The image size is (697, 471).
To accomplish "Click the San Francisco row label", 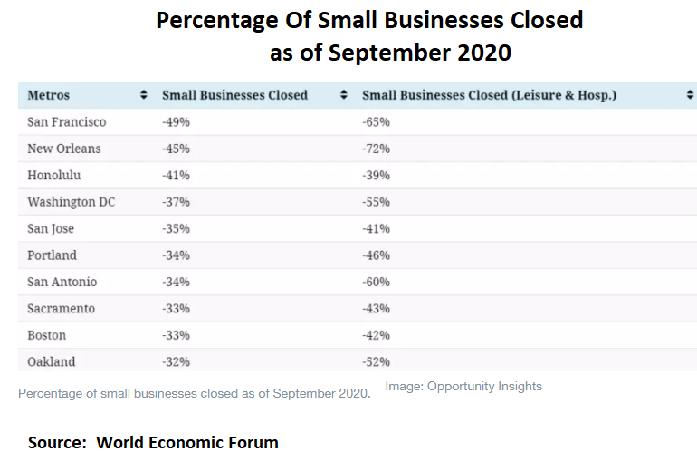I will [x=66, y=122].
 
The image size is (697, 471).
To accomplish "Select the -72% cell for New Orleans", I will [x=376, y=149].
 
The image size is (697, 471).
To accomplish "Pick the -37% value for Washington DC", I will [x=176, y=202].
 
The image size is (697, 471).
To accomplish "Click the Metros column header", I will [x=48, y=95].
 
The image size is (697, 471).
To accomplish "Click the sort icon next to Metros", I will [x=143, y=95].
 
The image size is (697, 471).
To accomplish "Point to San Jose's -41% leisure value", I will [x=376, y=228].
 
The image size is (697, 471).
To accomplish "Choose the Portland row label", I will [x=52, y=255].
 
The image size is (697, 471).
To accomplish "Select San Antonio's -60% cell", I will [x=376, y=282].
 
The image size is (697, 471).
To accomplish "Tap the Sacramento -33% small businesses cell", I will [x=176, y=309].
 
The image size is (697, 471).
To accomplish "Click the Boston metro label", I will [x=46, y=335].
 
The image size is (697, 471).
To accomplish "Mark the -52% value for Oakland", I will [x=376, y=362].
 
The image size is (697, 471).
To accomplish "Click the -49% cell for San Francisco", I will [x=176, y=122].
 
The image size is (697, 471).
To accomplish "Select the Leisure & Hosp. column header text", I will [x=489, y=95].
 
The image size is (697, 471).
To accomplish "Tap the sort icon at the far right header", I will [x=691, y=95].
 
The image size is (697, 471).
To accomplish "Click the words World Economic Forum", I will [x=187, y=443].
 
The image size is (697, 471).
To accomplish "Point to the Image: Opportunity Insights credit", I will [x=463, y=387].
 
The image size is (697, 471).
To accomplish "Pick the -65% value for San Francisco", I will [x=376, y=122].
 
